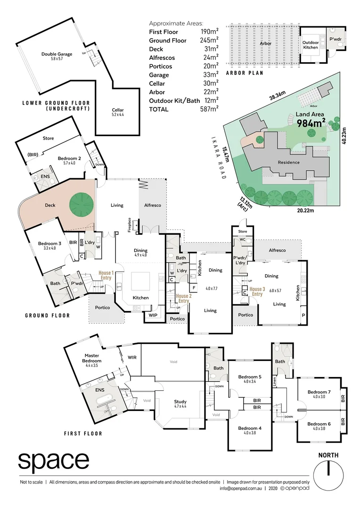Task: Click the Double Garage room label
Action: pyautogui.click(x=57, y=54)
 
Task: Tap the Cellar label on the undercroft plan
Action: pyautogui.click(x=118, y=110)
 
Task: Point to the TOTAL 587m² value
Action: pyautogui.click(x=209, y=109)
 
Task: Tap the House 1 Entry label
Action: pyautogui.click(x=106, y=275)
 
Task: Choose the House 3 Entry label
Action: pyautogui.click(x=257, y=291)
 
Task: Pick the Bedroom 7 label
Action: pyautogui.click(x=319, y=392)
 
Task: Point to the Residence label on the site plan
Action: pyautogui.click(x=289, y=162)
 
